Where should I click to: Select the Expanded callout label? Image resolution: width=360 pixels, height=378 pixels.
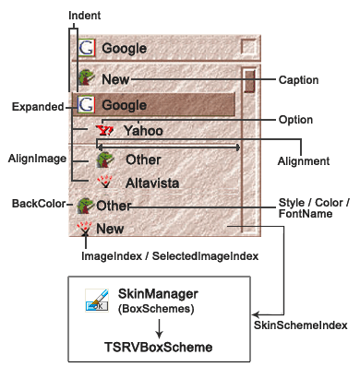37,107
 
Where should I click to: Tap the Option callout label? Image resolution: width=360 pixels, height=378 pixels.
295,120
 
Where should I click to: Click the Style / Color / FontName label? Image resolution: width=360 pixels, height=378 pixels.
310,210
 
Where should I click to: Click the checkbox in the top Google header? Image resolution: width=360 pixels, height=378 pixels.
248,47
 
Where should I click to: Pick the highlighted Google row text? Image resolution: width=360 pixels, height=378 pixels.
124,105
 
